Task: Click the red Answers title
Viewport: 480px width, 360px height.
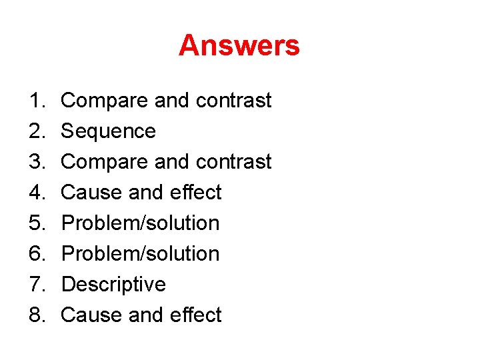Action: [x=239, y=46]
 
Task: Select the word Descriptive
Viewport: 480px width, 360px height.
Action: [x=113, y=285]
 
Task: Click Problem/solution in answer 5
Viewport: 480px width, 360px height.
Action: [x=140, y=223]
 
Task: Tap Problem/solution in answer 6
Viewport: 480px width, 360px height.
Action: [x=140, y=254]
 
